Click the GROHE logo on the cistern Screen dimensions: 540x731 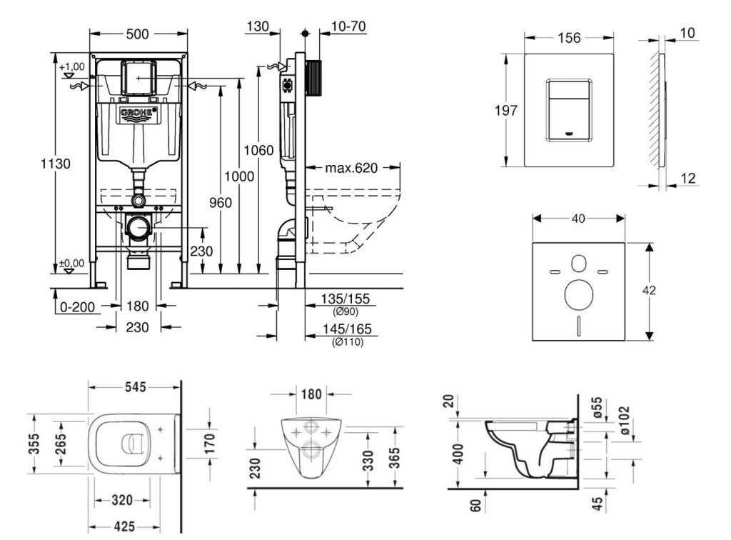coord(137,113)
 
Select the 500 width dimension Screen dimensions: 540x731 coord(137,34)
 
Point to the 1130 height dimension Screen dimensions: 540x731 coord(55,164)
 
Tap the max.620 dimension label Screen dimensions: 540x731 coord(351,169)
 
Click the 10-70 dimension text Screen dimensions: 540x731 coord(348,27)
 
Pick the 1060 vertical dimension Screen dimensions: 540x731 coord(258,150)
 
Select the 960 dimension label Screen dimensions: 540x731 coord(221,203)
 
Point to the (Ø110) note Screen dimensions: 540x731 coord(348,342)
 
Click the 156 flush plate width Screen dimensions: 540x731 coord(568,39)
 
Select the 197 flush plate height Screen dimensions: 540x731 coord(506,111)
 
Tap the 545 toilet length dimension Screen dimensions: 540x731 coord(135,386)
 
